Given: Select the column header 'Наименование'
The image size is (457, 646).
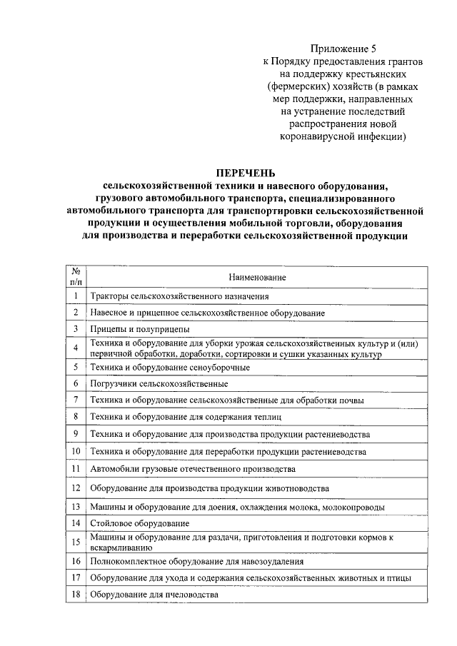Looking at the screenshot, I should click(x=257, y=276).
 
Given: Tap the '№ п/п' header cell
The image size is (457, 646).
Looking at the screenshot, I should click(x=75, y=276).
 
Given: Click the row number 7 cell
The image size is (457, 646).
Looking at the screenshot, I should click(x=75, y=400).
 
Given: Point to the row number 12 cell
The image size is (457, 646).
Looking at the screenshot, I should click(x=75, y=488).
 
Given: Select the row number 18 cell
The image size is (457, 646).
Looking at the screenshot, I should click(x=75, y=595).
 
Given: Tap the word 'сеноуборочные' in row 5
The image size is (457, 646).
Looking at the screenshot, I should click(x=218, y=367).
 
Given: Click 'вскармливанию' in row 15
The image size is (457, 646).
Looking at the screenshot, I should click(x=120, y=547).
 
